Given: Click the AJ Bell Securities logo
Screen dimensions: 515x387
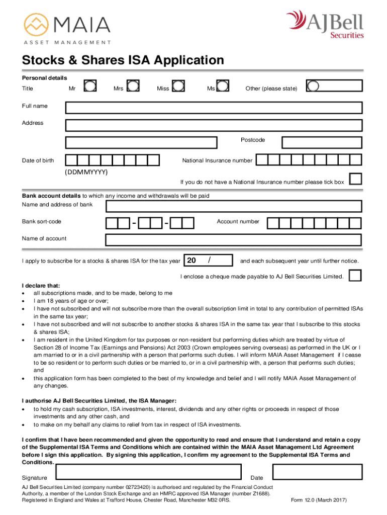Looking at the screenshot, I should click(325, 24).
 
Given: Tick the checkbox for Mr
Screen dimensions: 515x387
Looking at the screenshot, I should click(90, 87).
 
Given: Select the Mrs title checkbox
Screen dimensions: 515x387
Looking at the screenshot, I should click(133, 87).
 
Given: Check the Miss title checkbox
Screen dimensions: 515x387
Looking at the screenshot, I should click(178, 87).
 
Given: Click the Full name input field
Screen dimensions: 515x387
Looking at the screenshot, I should click(214, 107).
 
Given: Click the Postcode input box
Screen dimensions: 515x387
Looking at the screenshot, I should click(321, 142).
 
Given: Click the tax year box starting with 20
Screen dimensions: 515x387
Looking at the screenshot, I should click(209, 261).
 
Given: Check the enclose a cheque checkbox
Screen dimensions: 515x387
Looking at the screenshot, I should click(355, 276).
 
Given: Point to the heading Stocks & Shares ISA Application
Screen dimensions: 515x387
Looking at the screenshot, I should click(123, 61).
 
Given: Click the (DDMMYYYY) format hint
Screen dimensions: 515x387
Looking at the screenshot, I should click(86, 172).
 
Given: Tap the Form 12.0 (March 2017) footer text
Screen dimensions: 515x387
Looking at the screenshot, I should click(319, 500).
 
